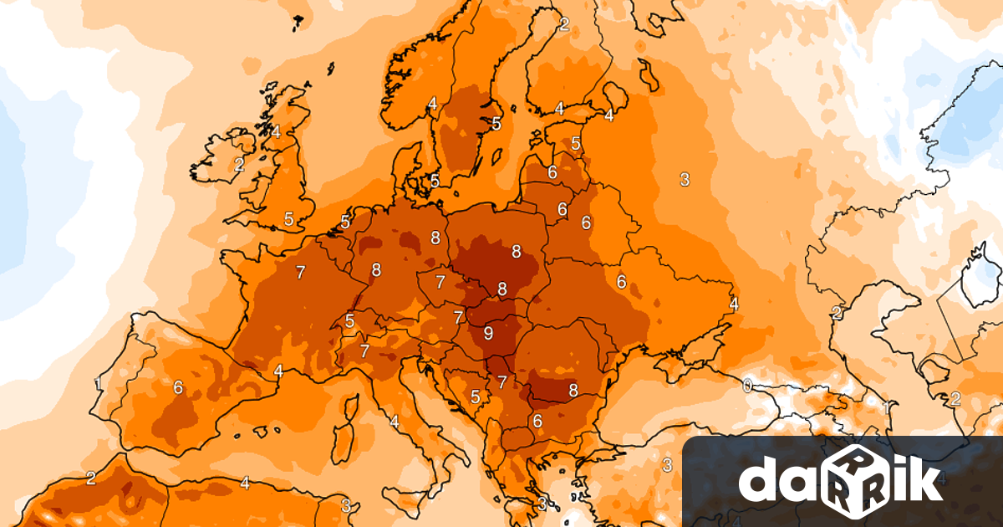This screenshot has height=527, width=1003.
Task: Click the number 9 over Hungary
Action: tap(488, 333)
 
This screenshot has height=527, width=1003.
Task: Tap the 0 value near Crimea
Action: tap(746, 385)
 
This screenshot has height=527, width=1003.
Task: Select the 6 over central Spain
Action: tap(178, 387)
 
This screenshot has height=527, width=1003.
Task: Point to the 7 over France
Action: tap(300, 272)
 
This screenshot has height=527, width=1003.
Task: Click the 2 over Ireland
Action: tap(239, 165)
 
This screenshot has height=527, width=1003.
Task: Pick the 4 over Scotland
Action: tap(276, 131)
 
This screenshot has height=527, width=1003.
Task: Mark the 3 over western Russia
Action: tap(684, 178)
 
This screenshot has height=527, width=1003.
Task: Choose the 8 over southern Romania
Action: tap(573, 390)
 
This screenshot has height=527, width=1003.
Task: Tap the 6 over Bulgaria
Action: tap(537, 421)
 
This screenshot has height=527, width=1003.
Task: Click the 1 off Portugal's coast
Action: tap(99, 385)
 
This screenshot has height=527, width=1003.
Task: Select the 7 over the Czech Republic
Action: tap(440, 281)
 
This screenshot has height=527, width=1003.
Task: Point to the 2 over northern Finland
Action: tap(563, 24)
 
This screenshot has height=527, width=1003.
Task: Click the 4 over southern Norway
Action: tap(432, 104)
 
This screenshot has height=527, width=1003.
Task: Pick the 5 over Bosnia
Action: tap(476, 397)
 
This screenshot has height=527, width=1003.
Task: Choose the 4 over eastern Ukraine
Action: tap(734, 304)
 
